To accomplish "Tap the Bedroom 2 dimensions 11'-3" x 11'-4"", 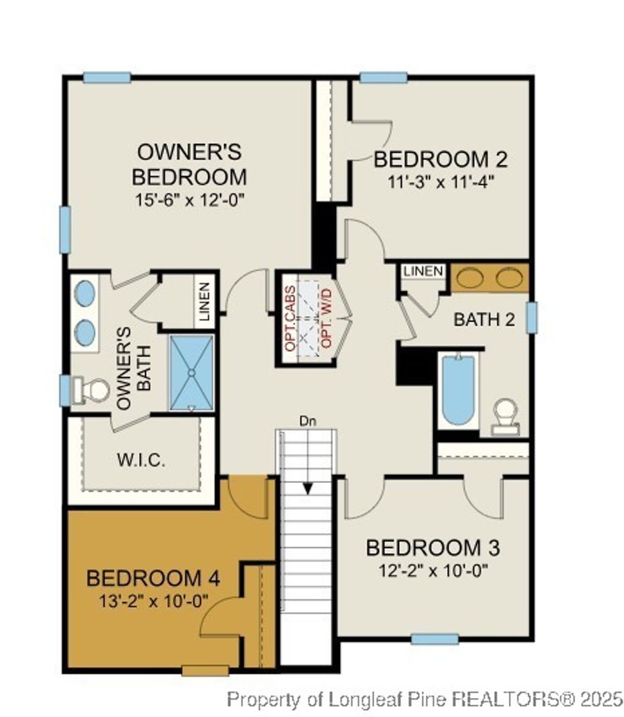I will tap(440, 181).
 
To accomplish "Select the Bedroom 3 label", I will tap(433, 548).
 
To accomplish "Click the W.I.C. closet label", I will tap(141, 460).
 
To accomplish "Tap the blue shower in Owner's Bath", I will tap(191, 371).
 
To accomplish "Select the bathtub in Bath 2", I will tap(458, 391).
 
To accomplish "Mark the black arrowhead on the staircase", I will tap(308, 488).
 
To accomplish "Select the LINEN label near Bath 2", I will tap(424, 271).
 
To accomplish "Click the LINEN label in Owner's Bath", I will tap(204, 302).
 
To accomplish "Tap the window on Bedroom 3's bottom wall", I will tap(434, 639).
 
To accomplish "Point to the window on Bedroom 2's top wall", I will tap(383, 77).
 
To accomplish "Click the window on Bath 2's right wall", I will tap(531, 318).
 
